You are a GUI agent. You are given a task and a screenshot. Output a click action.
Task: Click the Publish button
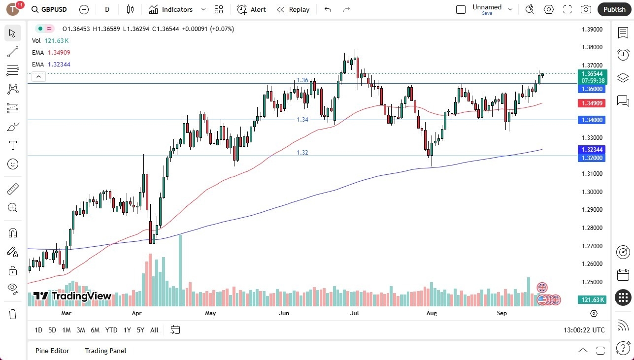coord(614,9)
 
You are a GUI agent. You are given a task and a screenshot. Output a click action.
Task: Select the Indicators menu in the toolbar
coord(177,9)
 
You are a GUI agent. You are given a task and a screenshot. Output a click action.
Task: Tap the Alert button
coord(252,9)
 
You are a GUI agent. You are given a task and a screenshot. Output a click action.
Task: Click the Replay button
coord(293,9)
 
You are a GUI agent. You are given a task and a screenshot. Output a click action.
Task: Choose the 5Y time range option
coord(140,330)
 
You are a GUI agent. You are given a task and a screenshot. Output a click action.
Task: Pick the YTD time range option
coord(111,330)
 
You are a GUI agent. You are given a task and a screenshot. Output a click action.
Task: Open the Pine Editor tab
coord(52,351)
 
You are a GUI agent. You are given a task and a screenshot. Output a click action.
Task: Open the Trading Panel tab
coord(105,351)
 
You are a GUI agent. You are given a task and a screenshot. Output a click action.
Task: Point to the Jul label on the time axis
coord(354,313)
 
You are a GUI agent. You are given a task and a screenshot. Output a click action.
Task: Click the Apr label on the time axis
coord(137,313)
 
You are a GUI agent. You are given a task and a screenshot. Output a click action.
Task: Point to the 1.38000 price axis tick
coord(591,47)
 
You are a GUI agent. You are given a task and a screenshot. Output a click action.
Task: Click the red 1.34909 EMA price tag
coord(591,103)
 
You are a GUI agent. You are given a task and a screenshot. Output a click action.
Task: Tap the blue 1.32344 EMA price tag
coord(591,149)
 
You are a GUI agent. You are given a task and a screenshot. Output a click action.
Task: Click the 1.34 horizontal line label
coord(302,120)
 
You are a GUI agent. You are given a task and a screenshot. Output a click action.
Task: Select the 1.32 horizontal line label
coord(302,153)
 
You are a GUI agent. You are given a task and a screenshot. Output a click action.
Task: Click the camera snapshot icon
coord(586,9)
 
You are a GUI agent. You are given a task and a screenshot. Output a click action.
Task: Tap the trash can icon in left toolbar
coord(13,314)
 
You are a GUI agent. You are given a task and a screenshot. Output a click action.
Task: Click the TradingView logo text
coord(72,296)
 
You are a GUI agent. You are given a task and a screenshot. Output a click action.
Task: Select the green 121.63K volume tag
coord(591,299)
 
